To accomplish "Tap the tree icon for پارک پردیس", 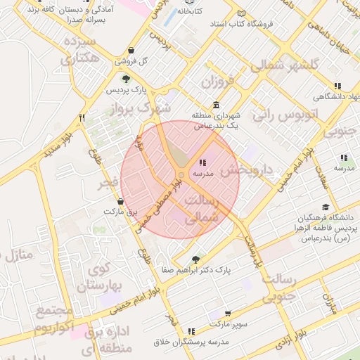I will [126, 79].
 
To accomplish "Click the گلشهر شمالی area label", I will [285, 65].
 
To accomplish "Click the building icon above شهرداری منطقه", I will [214, 105].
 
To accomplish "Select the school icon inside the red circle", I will [202, 162].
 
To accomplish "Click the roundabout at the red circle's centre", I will [181, 175].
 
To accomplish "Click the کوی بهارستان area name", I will [101, 276].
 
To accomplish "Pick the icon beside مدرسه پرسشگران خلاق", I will [191, 330].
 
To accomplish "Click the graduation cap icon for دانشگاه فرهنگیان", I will [325, 207].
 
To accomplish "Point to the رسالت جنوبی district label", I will [279, 289].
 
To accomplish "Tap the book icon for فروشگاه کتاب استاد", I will [242, 14].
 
